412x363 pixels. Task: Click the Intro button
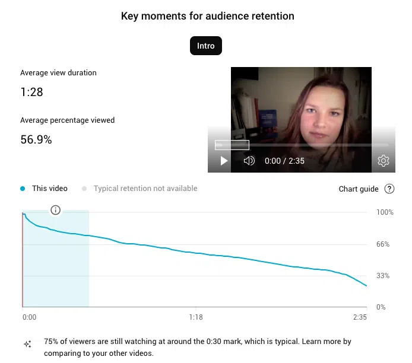[x=205, y=46]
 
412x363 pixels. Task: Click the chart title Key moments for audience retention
[x=207, y=16]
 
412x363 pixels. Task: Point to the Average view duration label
[x=58, y=73]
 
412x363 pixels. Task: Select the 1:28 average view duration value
[x=31, y=93]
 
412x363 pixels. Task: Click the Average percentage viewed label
[x=67, y=120]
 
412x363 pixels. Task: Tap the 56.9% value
[x=36, y=140]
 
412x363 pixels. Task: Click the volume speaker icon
[x=249, y=161]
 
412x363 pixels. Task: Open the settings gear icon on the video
[x=384, y=161]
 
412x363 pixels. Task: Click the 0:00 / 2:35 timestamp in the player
[x=284, y=161]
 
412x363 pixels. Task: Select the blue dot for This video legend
[x=23, y=189]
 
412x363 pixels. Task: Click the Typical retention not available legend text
[x=145, y=189]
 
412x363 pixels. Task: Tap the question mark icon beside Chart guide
[x=389, y=189]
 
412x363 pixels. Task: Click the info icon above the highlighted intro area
[x=56, y=210]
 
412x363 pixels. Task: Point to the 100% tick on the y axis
[x=385, y=212]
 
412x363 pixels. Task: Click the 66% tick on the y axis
[x=383, y=244]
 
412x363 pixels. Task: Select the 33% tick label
[x=383, y=276]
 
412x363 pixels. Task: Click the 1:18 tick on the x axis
[x=196, y=317]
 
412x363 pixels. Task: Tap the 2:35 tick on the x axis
[x=360, y=317]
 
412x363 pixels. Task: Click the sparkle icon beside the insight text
[x=27, y=344]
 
